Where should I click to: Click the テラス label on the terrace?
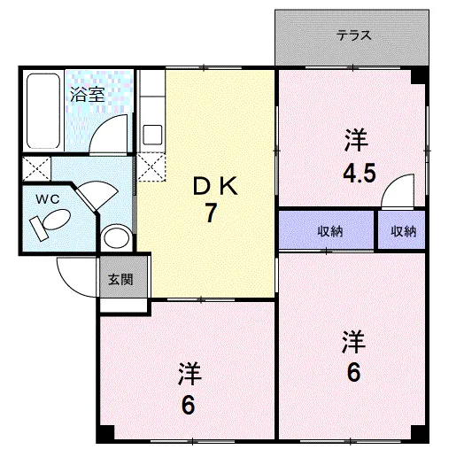pos(353,36)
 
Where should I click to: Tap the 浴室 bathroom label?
pos(88,95)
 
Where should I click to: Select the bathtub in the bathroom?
pos(43,111)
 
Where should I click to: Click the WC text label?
pos(48,199)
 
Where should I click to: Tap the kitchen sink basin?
pos(152,135)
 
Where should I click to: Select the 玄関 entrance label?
pos(120,279)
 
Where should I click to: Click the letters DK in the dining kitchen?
pos(215,186)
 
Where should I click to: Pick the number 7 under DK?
pos(211,213)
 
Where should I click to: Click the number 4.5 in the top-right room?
pos(360,174)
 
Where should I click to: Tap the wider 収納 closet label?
pos(330,231)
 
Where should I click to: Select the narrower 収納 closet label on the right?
pos(404,231)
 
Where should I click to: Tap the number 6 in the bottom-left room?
pos(189,405)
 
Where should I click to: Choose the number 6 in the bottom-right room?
pos(353,372)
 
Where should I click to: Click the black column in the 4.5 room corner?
pos(418,76)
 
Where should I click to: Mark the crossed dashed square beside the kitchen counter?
pos(151,167)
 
